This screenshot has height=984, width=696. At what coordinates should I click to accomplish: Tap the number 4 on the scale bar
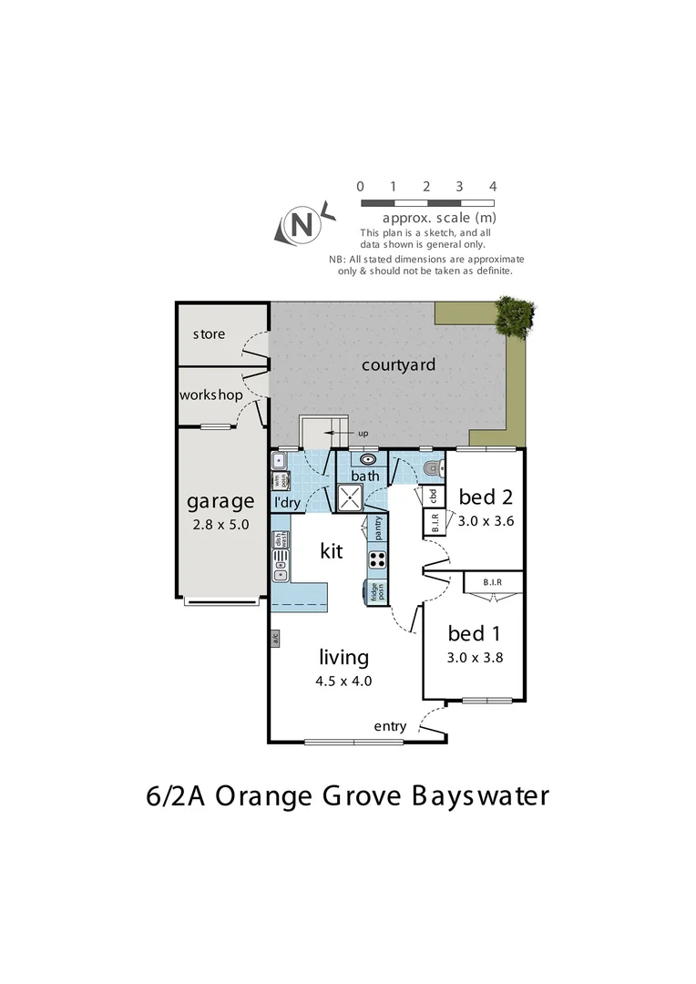click(492, 186)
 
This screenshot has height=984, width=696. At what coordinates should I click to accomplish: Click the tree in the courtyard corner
click(514, 315)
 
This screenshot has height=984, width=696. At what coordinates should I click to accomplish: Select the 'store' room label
click(209, 334)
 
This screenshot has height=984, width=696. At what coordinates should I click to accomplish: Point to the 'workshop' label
click(211, 395)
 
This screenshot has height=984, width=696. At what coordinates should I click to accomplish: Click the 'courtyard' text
click(398, 365)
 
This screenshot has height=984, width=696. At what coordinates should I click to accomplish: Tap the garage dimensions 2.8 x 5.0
click(220, 525)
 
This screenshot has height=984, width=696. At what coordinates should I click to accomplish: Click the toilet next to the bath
click(433, 469)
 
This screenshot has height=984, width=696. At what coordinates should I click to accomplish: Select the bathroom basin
click(367, 460)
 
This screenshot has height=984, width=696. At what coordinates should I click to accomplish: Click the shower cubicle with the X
click(350, 497)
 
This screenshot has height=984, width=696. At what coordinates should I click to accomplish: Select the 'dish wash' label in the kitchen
click(280, 538)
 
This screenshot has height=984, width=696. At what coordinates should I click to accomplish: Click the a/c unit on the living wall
click(274, 640)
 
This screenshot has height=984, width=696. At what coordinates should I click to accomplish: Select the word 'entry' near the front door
click(390, 726)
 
